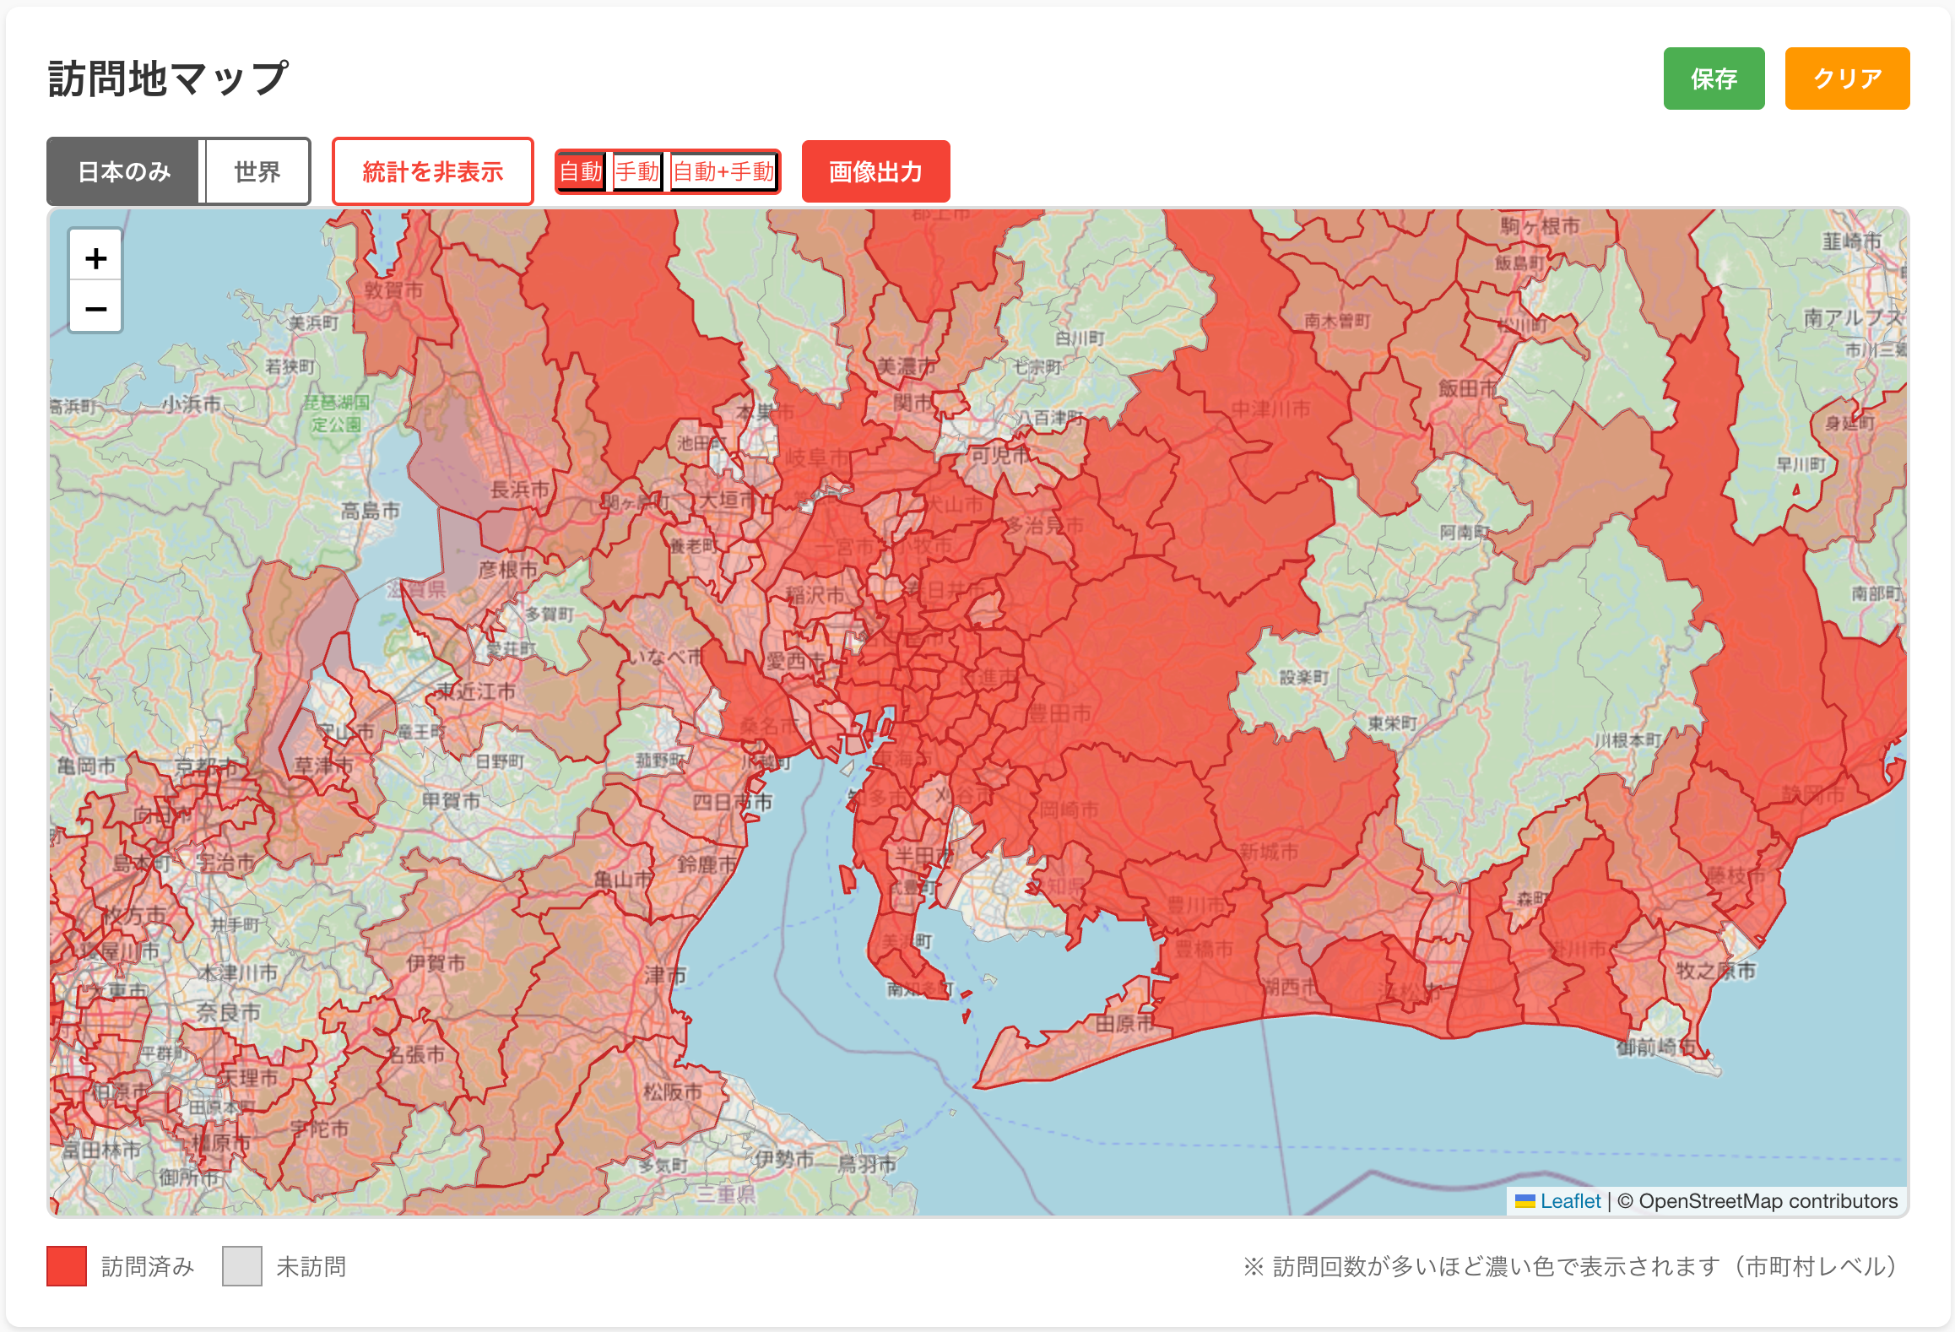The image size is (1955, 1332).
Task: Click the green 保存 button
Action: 1713,79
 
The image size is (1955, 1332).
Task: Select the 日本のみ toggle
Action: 124,172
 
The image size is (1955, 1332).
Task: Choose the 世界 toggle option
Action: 257,172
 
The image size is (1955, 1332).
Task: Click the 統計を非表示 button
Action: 432,172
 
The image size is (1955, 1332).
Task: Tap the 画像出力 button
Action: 875,172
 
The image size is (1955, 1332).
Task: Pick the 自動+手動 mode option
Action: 723,172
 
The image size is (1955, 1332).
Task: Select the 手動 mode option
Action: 636,172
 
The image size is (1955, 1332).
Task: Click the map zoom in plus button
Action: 95,258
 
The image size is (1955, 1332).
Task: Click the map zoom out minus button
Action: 95,308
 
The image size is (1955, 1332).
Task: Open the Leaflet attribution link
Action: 1569,1201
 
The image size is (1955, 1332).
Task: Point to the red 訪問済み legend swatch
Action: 67,1266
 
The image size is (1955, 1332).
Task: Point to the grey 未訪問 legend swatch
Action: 242,1266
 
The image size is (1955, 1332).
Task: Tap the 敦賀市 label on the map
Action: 393,290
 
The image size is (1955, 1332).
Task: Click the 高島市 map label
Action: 370,511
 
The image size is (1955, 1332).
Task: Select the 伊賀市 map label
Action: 436,963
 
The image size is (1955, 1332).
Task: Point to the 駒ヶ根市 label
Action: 1540,226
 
